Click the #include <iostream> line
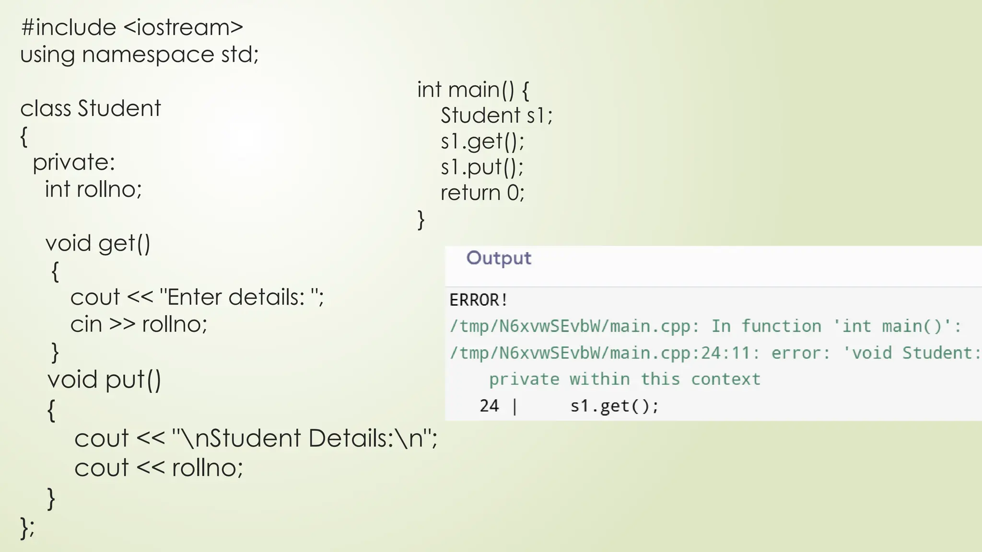click(x=132, y=28)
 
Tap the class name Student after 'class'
click(x=119, y=108)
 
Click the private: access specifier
click(x=74, y=162)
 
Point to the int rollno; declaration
click(x=94, y=189)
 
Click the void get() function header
click(x=98, y=243)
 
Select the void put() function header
click(x=104, y=380)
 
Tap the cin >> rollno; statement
click(x=139, y=324)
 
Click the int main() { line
click(x=473, y=90)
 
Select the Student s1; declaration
click(x=496, y=115)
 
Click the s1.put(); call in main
click(x=482, y=167)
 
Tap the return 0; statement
click(x=482, y=193)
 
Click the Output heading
click(x=499, y=258)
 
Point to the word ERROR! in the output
click(x=478, y=300)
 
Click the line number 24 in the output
click(x=489, y=406)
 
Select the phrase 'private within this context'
click(x=624, y=379)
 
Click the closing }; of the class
click(x=27, y=528)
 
